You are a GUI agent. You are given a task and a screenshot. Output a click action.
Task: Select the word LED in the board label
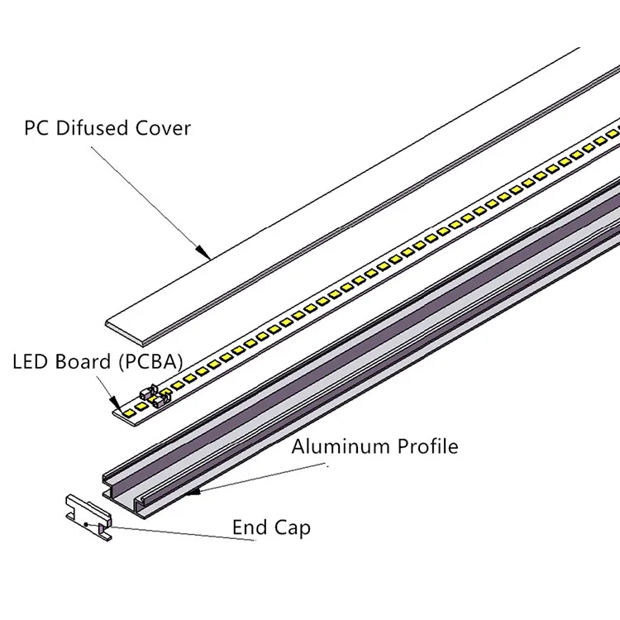[x=29, y=361]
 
